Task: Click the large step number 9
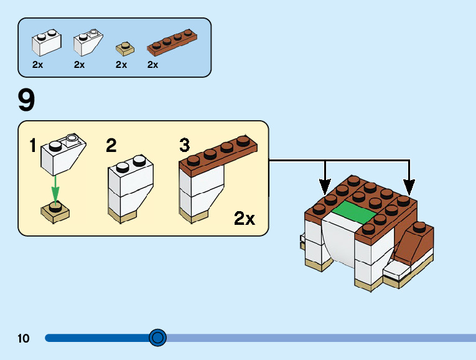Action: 27,100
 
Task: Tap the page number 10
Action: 24,339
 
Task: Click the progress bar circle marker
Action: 158,338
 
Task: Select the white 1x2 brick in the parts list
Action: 46,42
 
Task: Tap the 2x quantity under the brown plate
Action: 153,64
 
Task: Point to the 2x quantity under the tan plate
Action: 121,64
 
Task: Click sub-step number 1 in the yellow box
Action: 33,146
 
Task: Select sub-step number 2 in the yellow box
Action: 111,146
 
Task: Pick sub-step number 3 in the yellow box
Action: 184,146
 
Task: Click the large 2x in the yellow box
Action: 245,219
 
